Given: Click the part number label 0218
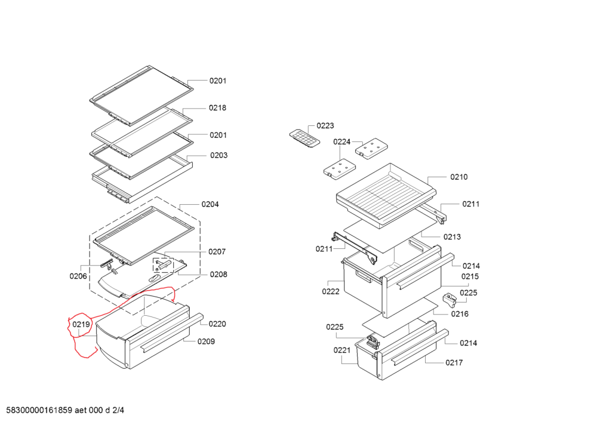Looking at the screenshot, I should (217, 108).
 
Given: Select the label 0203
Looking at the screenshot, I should (219, 155).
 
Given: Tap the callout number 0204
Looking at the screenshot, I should (210, 204).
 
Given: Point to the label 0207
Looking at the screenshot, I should (217, 252).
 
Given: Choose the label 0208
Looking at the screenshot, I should (219, 275).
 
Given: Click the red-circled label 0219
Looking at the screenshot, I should (81, 325).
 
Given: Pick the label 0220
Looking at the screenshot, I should (217, 324).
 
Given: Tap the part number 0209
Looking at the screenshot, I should (207, 341).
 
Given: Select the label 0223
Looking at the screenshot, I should (325, 125).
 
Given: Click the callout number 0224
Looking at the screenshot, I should (342, 141).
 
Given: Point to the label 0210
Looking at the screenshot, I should (459, 177).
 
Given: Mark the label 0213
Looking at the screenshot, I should (453, 237).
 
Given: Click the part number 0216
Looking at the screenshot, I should (460, 314).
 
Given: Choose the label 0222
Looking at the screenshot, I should (331, 292).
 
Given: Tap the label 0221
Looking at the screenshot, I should (342, 350).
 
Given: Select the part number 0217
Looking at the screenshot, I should (454, 362).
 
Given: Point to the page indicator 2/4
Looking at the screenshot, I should (118, 411).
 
